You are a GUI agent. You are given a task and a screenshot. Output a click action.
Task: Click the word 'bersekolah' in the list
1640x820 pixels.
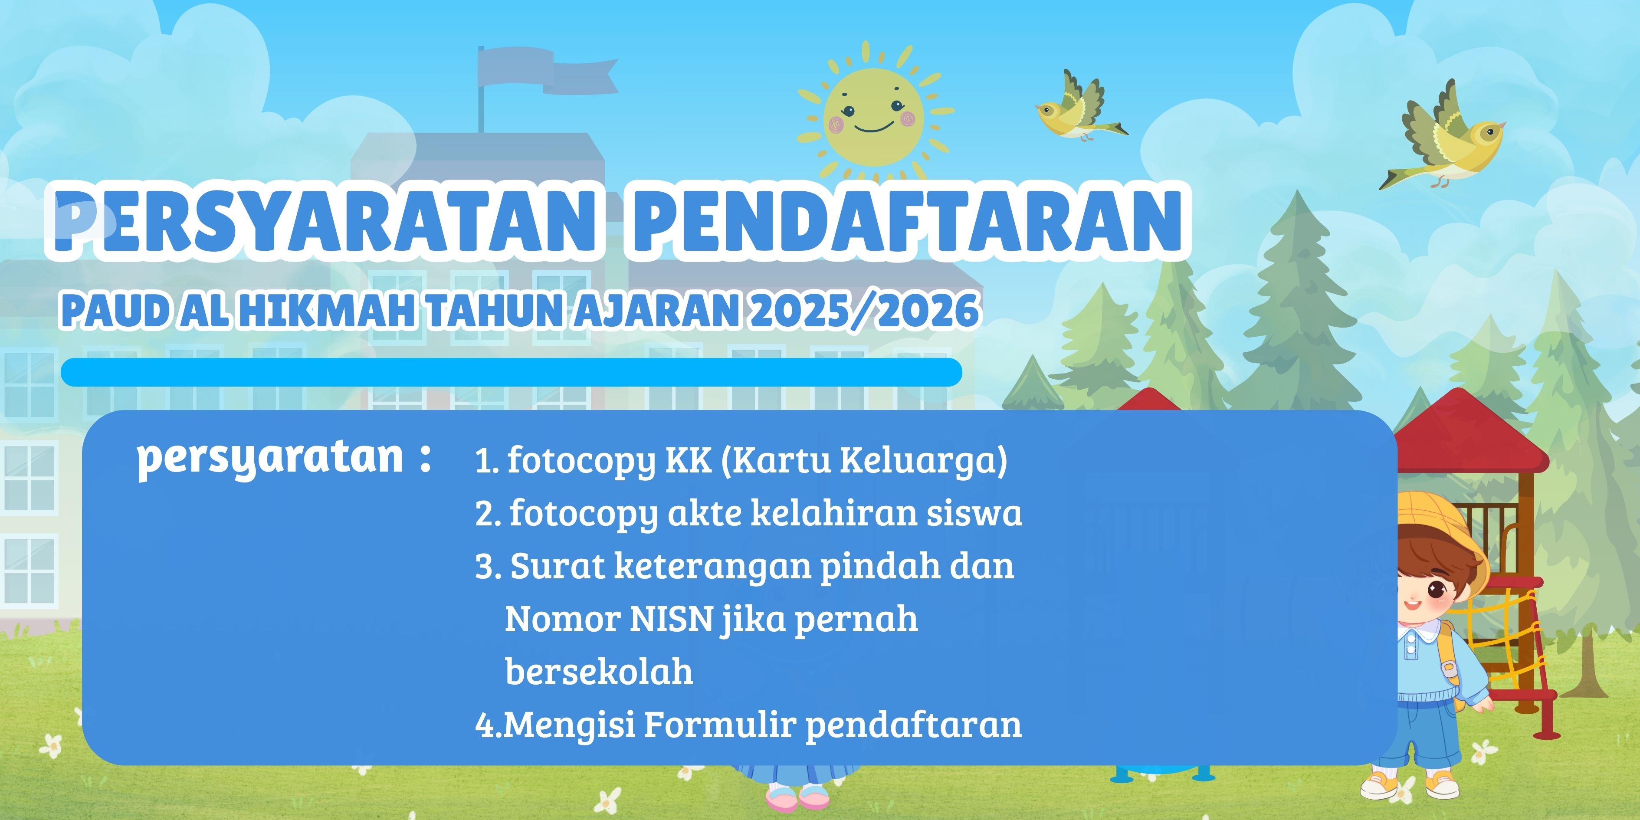[598, 671]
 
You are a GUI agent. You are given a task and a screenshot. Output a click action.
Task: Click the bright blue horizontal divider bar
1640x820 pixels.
[511, 372]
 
